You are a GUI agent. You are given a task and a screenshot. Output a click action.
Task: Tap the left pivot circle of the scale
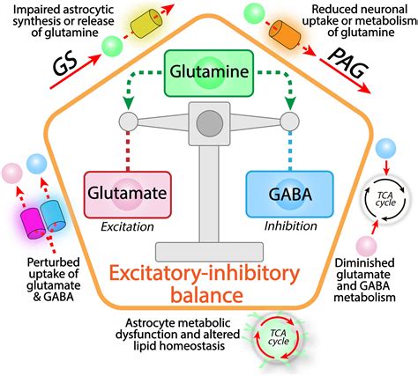tap(127, 122)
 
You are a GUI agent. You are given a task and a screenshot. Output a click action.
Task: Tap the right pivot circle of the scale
tap(289, 122)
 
